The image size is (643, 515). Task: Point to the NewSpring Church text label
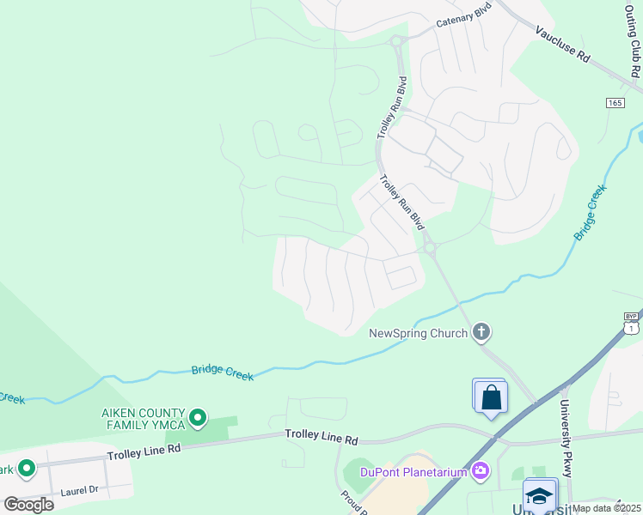pos(419,333)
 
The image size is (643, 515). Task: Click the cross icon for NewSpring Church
pos(481,331)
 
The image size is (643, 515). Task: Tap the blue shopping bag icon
pos(491,397)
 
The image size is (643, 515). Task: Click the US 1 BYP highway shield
pos(632,323)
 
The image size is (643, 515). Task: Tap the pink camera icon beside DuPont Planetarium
pos(481,470)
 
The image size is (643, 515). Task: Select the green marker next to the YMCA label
pos(198,418)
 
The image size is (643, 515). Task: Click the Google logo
pos(28,504)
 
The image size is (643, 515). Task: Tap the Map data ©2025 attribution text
pos(606,508)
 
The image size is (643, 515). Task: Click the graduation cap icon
pos(539,497)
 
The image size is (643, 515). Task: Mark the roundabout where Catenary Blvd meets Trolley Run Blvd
pos(396,40)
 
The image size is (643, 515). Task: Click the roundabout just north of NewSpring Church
pos(430,248)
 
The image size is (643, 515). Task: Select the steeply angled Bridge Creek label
pos(591,212)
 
